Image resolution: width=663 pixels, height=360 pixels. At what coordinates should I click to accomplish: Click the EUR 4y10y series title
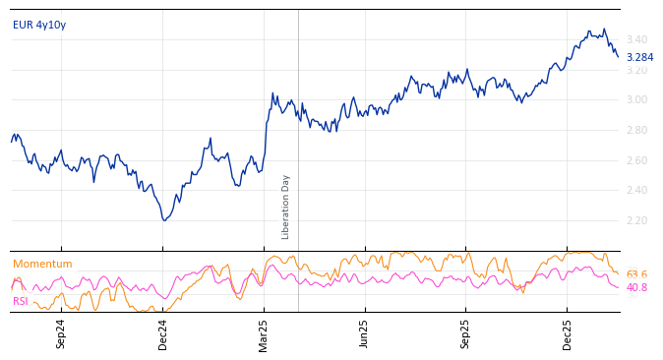(39, 25)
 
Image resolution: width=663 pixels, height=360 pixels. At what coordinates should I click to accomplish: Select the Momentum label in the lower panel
(42, 264)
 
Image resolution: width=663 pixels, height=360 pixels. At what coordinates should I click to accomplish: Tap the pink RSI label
(20, 301)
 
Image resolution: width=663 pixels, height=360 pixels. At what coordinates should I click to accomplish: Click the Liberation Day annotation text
(286, 207)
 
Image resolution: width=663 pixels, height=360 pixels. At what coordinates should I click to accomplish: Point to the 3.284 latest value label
(639, 57)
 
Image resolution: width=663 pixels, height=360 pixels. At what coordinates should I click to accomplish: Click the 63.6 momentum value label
(636, 274)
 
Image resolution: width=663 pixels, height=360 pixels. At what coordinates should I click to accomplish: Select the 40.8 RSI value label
(636, 287)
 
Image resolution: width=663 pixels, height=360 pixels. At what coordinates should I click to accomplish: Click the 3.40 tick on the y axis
(635, 39)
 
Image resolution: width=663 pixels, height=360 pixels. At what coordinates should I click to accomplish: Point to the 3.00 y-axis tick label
(635, 99)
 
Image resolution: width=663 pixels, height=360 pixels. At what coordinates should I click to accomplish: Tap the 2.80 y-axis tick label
(635, 130)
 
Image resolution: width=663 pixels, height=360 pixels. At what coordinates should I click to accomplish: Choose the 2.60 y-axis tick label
(635, 160)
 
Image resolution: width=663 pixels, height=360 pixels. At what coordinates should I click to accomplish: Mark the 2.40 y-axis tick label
(635, 191)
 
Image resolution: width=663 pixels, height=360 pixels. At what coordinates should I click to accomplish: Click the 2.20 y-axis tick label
(635, 220)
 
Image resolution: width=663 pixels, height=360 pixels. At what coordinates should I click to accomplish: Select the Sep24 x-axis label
(61, 333)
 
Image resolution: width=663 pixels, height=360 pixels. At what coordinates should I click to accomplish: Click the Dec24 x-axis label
(163, 333)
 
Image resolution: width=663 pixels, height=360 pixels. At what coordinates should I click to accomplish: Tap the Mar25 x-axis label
(264, 333)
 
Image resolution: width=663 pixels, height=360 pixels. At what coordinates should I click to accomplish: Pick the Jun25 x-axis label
(365, 333)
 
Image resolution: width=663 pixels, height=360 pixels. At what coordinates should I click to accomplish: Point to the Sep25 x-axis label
(466, 333)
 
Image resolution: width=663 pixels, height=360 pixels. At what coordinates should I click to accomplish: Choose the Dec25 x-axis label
(568, 333)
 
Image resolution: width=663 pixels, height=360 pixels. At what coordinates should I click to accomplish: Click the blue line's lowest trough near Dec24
(164, 220)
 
